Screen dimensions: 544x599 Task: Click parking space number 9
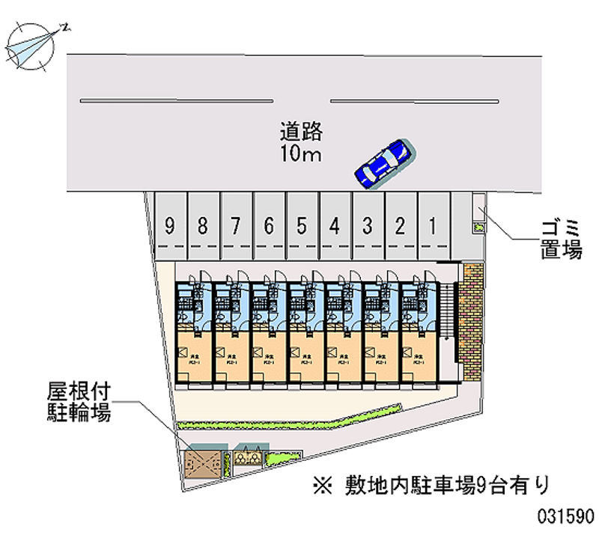171,225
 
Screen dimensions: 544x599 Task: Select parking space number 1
433,225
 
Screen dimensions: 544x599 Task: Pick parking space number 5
302,225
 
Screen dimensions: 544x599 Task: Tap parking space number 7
236,225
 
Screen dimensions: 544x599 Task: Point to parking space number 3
368,225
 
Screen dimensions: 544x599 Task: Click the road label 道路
301,132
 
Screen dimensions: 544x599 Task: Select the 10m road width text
301,155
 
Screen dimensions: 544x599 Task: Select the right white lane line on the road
414,100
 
